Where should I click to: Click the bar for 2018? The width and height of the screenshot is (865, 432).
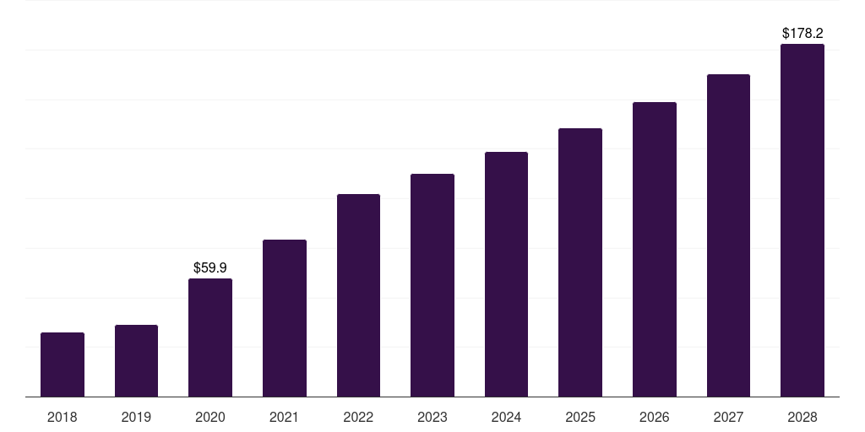tap(63, 364)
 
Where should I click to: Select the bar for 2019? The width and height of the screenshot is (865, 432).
tap(136, 361)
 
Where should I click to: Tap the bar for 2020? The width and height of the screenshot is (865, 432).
tap(210, 337)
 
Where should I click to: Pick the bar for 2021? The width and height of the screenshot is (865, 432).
tap(285, 318)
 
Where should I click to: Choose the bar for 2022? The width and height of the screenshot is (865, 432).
tap(358, 295)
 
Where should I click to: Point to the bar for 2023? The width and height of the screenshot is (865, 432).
tap(432, 285)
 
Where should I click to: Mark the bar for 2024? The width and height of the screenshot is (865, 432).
tap(506, 274)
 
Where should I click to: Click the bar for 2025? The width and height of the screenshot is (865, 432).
tap(580, 262)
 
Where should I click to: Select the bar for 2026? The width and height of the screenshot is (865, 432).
tap(655, 249)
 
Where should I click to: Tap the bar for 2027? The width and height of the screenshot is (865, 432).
tap(728, 235)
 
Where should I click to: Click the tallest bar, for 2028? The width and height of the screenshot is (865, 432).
tap(802, 220)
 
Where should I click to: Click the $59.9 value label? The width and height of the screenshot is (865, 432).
tap(210, 267)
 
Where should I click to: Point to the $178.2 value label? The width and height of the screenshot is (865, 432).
tap(802, 34)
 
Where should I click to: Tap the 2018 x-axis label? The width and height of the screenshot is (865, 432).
tap(63, 417)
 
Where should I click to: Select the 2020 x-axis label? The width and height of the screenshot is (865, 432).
tap(210, 417)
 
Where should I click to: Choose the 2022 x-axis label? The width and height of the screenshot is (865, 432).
tap(358, 417)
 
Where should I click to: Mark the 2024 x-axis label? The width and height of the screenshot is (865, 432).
tap(506, 417)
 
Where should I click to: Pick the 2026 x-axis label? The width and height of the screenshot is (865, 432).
tap(655, 417)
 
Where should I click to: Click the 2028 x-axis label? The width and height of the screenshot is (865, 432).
tap(802, 417)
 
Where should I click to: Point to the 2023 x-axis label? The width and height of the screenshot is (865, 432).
tap(432, 417)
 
